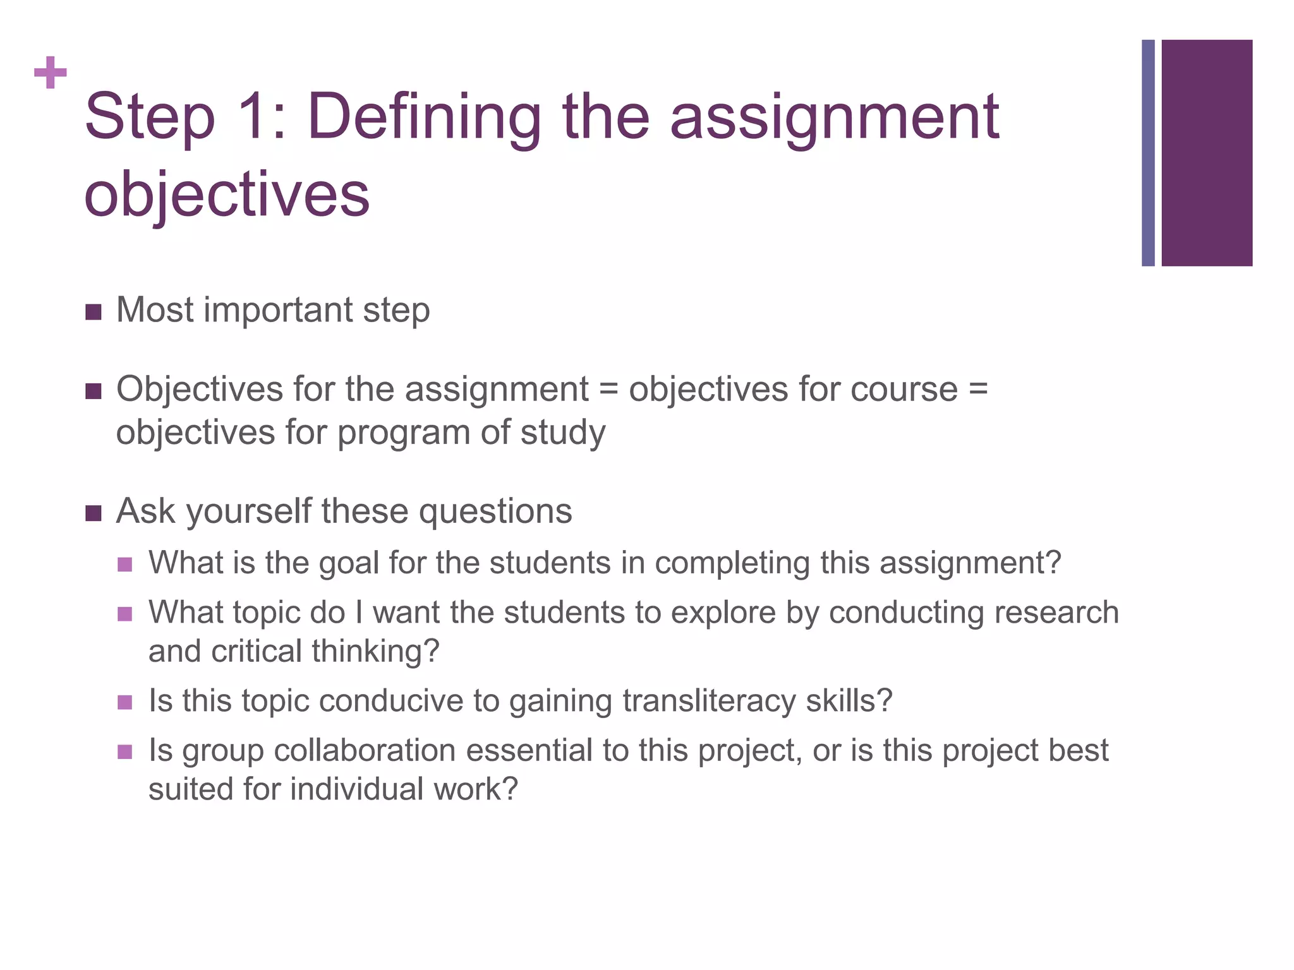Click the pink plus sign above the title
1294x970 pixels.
pyautogui.click(x=51, y=73)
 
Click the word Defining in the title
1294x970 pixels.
pyautogui.click(x=424, y=117)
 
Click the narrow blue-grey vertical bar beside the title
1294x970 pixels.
pyautogui.click(x=1148, y=153)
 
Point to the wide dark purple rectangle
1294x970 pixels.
pyautogui.click(x=1206, y=153)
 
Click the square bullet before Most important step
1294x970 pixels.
pyautogui.click(x=93, y=312)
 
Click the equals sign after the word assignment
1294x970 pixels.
pyautogui.click(x=608, y=389)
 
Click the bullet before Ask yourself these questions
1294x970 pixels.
pyautogui.click(x=93, y=513)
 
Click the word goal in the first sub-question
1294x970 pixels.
pyautogui.click(x=349, y=563)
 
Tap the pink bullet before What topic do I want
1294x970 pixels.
pyautogui.click(x=125, y=614)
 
